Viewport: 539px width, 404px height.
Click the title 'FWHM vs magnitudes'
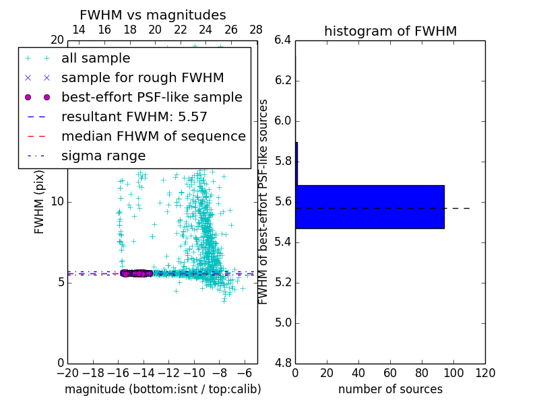point(153,15)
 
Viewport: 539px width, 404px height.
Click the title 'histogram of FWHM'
point(390,31)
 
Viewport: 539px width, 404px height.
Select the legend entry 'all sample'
point(96,59)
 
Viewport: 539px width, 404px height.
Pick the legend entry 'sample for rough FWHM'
point(142,77)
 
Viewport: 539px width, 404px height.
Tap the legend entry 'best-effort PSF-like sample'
point(152,97)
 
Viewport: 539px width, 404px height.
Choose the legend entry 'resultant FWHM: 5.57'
point(134,116)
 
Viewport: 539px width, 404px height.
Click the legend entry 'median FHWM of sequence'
point(153,136)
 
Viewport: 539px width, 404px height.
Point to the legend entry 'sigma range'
point(103,156)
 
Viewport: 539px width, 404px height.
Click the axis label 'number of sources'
point(390,389)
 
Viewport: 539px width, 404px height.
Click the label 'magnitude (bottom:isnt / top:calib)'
point(162,389)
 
